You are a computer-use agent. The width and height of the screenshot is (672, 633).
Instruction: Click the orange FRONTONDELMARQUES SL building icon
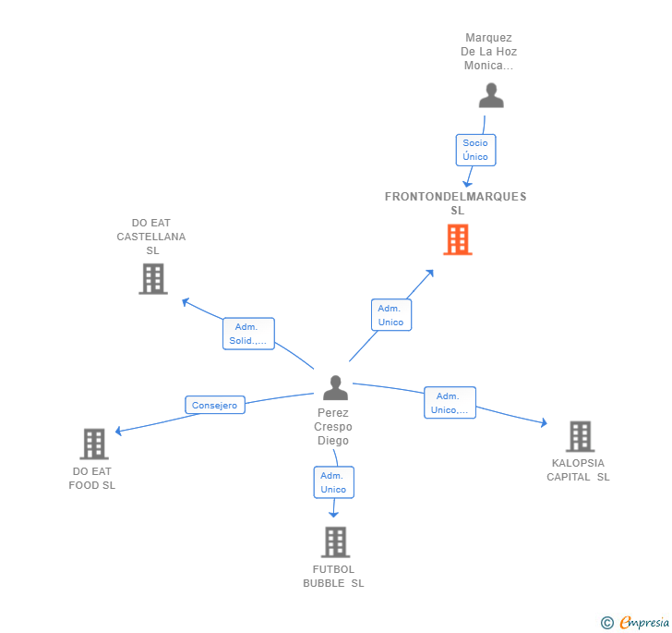[x=457, y=239]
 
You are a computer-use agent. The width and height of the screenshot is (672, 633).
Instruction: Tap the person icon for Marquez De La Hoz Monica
[x=491, y=96]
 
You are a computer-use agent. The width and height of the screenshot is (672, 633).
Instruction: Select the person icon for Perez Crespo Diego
[x=335, y=388]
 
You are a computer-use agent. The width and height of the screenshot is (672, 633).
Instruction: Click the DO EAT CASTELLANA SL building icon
[x=152, y=278]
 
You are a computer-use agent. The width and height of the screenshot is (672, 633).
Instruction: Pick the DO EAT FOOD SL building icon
[x=93, y=444]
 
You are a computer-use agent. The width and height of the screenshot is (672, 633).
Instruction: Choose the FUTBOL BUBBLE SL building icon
[x=335, y=542]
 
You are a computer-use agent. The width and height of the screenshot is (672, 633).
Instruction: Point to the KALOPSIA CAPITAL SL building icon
[x=579, y=436]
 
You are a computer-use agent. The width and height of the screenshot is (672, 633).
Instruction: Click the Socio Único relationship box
[x=475, y=150]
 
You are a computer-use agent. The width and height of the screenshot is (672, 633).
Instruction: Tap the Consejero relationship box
[x=215, y=405]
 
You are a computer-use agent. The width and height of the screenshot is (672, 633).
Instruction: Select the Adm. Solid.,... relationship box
[x=248, y=334]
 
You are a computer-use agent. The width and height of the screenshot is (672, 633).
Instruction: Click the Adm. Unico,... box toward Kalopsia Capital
[x=450, y=403]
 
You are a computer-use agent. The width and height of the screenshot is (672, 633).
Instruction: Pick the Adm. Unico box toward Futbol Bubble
[x=333, y=482]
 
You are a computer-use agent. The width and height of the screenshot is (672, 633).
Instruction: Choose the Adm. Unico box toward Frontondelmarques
[x=391, y=315]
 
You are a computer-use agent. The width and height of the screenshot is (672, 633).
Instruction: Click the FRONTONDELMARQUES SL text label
[x=456, y=203]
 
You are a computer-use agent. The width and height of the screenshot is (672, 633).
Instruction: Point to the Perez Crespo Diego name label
[x=332, y=427]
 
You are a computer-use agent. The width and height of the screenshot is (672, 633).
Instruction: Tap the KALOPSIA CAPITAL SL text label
[x=578, y=469]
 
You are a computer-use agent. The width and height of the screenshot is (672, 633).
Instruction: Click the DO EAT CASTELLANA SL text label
[x=151, y=237]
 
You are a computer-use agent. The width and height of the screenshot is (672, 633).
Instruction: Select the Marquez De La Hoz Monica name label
[x=489, y=52]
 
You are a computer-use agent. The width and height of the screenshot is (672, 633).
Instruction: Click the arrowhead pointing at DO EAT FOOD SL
[x=118, y=431]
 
